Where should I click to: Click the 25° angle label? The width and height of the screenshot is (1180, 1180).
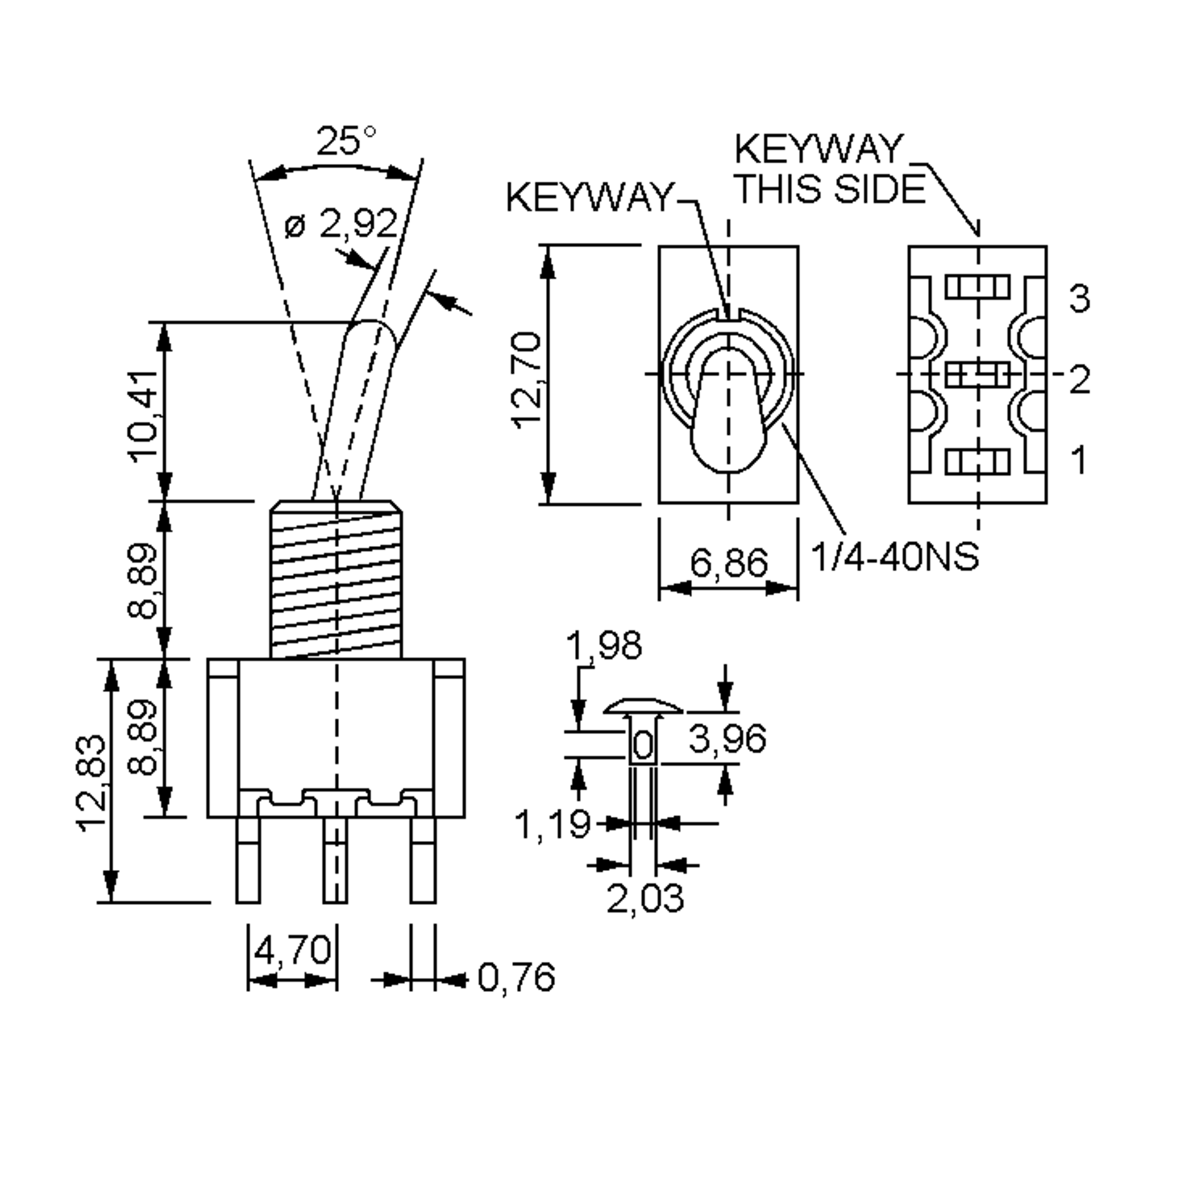pos(346,142)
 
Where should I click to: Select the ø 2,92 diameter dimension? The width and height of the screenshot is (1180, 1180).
pos(341,225)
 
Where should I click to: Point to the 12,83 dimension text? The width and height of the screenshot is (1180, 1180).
pos(93,783)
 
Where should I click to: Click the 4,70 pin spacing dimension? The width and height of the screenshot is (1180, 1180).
pos(292,950)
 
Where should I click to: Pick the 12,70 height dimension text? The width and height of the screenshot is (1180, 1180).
pos(527,379)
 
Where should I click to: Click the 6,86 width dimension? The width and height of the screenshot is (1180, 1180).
pos(729,562)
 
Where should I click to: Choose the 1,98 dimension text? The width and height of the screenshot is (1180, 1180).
pos(604,646)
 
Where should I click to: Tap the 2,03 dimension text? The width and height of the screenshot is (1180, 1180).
pos(645,898)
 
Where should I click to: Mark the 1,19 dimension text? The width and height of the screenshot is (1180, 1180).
pos(553,825)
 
